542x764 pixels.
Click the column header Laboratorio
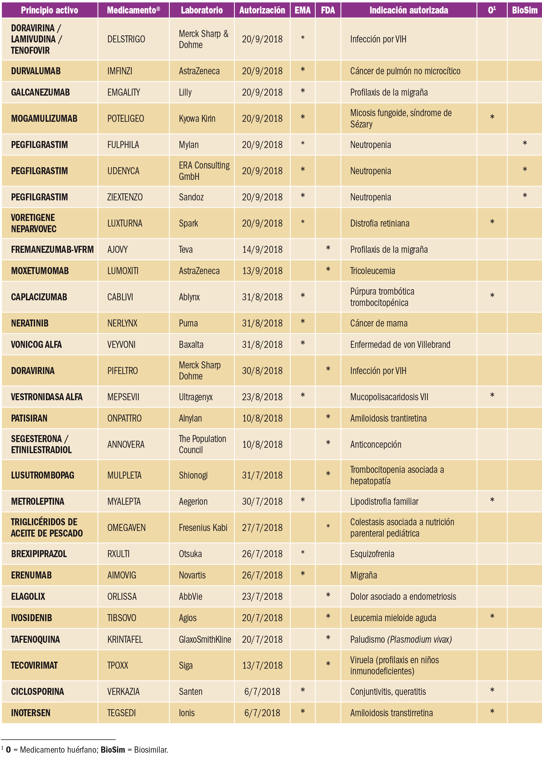coord(202,10)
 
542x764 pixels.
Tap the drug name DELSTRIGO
coord(126,39)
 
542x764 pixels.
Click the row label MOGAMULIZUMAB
coord(44,119)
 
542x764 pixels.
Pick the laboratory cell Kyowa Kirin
coord(197,119)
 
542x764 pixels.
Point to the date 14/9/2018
coord(262,250)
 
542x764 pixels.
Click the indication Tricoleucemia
coord(372,271)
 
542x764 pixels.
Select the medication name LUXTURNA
coord(124,223)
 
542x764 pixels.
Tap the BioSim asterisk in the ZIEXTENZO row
coord(525,196)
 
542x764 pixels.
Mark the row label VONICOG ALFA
coord(36,345)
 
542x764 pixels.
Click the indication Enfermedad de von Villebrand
coord(400,345)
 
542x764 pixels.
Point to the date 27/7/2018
coord(262,528)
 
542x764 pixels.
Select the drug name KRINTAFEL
coord(125,640)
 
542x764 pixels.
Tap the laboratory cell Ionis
coord(187,713)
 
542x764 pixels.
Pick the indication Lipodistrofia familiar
coord(384,502)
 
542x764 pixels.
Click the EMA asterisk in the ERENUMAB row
coord(303,574)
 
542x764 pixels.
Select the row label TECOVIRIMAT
coord(34,665)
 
